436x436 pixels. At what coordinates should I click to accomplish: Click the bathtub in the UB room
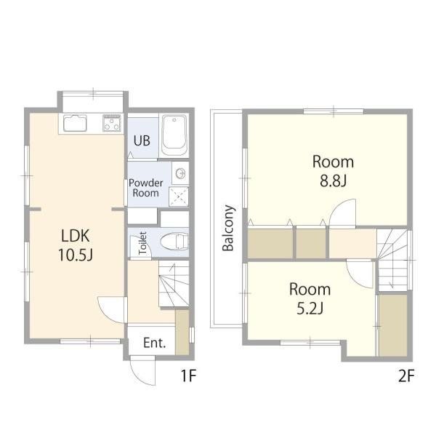pyautogui.click(x=174, y=135)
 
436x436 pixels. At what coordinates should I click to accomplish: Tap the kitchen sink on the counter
pyautogui.click(x=75, y=123)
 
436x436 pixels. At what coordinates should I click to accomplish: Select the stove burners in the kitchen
pyautogui.click(x=112, y=123)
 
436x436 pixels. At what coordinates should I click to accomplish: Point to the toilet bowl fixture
pyautogui.click(x=174, y=241)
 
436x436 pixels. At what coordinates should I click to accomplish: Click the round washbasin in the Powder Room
pyautogui.click(x=180, y=173)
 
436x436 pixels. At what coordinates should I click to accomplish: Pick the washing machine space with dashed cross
pyautogui.click(x=179, y=196)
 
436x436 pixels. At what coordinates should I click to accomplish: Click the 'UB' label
pyautogui.click(x=142, y=141)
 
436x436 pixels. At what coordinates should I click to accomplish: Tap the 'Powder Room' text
pyautogui.click(x=145, y=188)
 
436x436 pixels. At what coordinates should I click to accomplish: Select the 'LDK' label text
pyautogui.click(x=76, y=236)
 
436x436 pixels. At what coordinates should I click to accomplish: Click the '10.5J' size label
pyautogui.click(x=76, y=255)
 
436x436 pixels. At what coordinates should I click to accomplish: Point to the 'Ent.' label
pyautogui.click(x=155, y=343)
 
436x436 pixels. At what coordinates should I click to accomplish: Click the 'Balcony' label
pyautogui.click(x=228, y=228)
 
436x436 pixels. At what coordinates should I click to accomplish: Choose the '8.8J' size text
pyautogui.click(x=333, y=181)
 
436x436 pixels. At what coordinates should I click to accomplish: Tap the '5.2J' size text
pyautogui.click(x=310, y=309)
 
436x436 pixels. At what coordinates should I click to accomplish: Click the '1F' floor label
pyautogui.click(x=189, y=376)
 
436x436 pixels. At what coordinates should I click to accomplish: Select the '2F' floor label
pyautogui.click(x=406, y=376)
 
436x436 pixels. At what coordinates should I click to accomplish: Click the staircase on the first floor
pyautogui.click(x=174, y=284)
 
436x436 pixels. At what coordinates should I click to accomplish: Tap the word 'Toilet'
pyautogui.click(x=142, y=243)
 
